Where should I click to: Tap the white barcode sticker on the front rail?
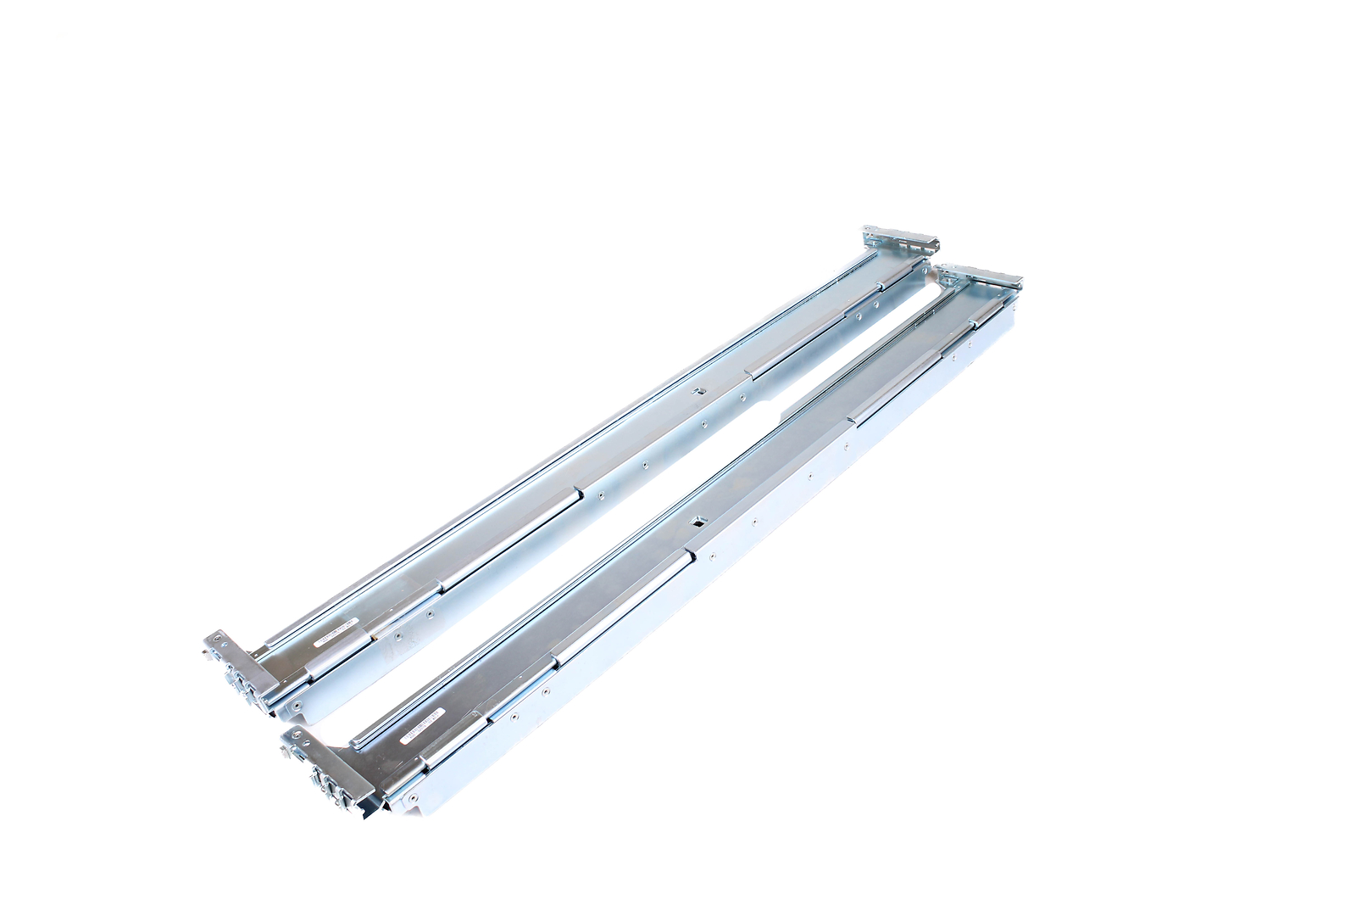tap(421, 726)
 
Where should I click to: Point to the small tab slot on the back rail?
tap(699, 391)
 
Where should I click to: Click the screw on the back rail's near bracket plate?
tap(217, 638)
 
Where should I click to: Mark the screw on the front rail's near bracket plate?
tap(297, 734)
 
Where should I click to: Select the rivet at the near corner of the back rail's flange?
tap(297, 704)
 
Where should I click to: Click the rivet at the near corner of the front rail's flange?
tap(413, 797)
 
